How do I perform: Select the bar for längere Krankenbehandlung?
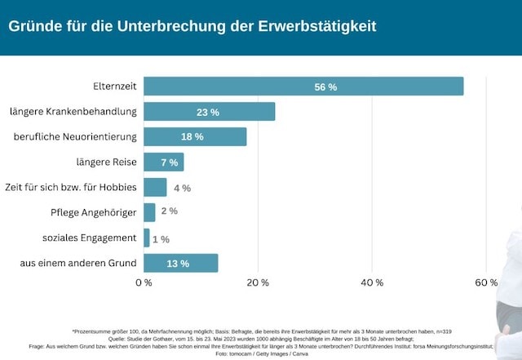click(x=209, y=112)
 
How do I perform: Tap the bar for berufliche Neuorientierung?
click(x=195, y=137)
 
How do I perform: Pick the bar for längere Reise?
click(x=163, y=162)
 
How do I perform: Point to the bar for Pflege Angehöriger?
click(x=149, y=212)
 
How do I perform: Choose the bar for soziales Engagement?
click(x=147, y=238)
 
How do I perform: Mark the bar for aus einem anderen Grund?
click(x=180, y=263)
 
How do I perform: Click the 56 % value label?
click(x=325, y=87)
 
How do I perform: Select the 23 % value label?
click(x=208, y=112)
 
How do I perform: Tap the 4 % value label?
click(x=182, y=188)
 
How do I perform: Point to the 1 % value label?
click(x=160, y=238)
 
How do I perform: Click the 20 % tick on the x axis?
click(x=258, y=282)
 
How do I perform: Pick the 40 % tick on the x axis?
click(x=372, y=282)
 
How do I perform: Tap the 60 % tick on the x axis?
click(x=486, y=282)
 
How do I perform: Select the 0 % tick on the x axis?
click(x=144, y=282)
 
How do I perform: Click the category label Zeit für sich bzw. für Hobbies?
click(x=70, y=187)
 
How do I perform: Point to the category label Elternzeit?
click(x=114, y=86)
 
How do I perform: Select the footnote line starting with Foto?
click(x=261, y=353)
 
